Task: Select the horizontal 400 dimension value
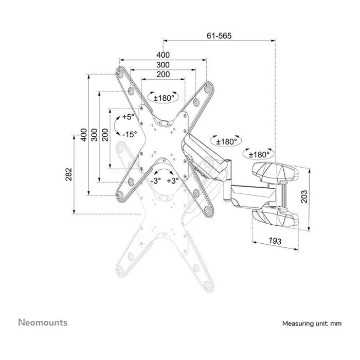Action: pyautogui.click(x=163, y=55)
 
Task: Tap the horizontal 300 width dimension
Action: pyautogui.click(x=163, y=65)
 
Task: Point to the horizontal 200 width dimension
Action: pyautogui.click(x=163, y=75)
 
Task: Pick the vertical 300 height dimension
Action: pyautogui.click(x=94, y=135)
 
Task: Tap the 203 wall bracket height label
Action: pyautogui.click(x=304, y=196)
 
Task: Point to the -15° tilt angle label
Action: pyautogui.click(x=128, y=134)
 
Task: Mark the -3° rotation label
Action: pyautogui.click(x=156, y=181)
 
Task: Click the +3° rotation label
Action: pyautogui.click(x=172, y=181)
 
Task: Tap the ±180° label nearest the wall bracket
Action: pyautogui.click(x=259, y=154)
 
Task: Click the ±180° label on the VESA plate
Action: pyautogui.click(x=161, y=97)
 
